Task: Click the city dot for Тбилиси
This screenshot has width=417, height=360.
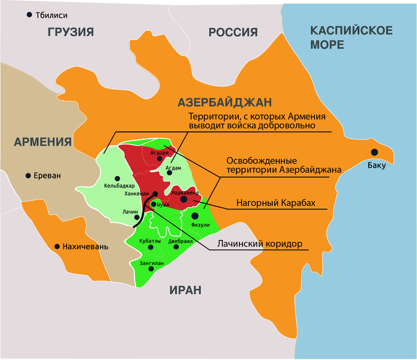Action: [29, 14]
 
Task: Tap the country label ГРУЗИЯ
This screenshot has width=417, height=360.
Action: [71, 32]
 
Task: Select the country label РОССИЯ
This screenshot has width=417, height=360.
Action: [233, 32]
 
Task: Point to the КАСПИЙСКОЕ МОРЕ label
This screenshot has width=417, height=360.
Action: [351, 37]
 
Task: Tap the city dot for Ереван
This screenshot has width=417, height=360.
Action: [27, 176]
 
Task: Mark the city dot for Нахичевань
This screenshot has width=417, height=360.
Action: [57, 246]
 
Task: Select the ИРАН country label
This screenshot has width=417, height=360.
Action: [185, 290]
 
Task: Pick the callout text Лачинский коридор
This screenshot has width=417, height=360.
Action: [259, 244]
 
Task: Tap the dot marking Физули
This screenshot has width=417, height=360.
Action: [194, 215]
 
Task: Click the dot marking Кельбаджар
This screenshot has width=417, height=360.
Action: [117, 178]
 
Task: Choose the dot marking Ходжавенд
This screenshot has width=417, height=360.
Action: [184, 200]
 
